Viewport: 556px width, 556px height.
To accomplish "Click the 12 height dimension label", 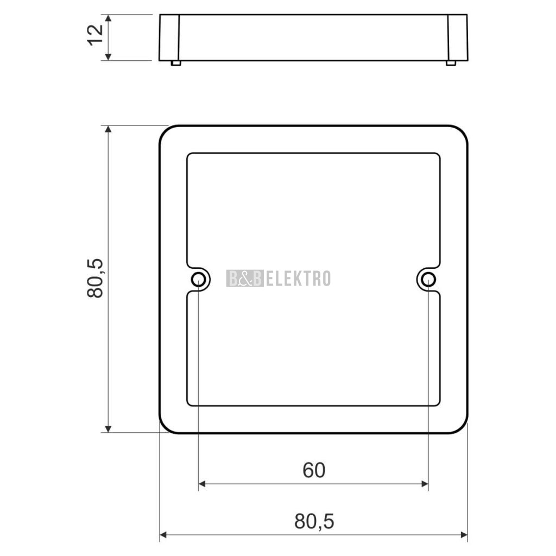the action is (x=95, y=35).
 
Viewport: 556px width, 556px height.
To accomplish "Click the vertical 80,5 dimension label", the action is (x=95, y=279).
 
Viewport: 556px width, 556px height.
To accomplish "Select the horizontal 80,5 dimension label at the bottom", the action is (x=314, y=522).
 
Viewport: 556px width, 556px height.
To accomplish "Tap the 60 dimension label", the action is (x=314, y=470).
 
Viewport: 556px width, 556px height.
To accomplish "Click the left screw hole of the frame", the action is (x=199, y=279).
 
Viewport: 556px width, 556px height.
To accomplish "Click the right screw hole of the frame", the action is (x=429, y=279).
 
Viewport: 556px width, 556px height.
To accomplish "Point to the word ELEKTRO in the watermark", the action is (x=298, y=279).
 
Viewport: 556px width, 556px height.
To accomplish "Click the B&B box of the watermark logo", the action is (x=245, y=279).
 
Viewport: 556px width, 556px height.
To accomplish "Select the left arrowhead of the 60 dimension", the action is (x=203, y=484).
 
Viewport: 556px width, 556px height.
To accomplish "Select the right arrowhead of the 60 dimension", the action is (x=425, y=484).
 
